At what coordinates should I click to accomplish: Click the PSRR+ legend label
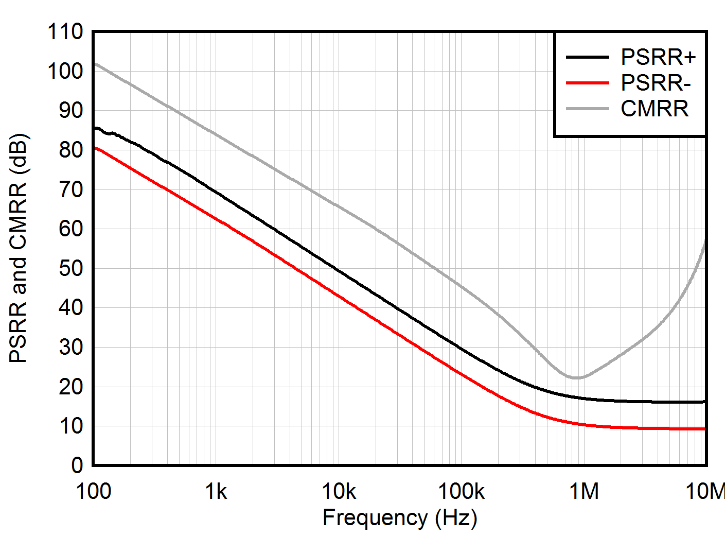click(x=658, y=57)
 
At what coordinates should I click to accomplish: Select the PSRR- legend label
click(x=656, y=83)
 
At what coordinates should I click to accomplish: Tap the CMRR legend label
click(x=655, y=109)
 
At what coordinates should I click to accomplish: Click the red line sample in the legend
click(x=587, y=83)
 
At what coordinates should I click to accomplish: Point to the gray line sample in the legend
click(x=587, y=109)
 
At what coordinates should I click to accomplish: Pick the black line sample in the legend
click(x=587, y=57)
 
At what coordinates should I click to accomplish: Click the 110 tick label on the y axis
click(x=65, y=32)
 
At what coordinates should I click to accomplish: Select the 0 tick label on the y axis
click(x=77, y=465)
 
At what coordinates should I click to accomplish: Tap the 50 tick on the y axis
click(x=71, y=268)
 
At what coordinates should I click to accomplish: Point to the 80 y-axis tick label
click(x=71, y=150)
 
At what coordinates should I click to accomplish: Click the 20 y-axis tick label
click(x=71, y=387)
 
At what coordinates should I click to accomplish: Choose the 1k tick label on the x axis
click(x=216, y=492)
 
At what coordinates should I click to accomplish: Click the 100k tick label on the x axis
click(x=461, y=492)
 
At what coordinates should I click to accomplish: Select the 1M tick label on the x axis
click(x=584, y=492)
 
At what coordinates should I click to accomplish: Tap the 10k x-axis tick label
click(x=339, y=492)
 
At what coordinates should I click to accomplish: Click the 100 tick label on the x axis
click(x=94, y=492)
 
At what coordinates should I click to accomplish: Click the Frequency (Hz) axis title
click(x=400, y=518)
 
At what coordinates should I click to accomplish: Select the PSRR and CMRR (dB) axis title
click(x=19, y=248)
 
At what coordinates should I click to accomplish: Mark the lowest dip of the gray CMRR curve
click(x=576, y=378)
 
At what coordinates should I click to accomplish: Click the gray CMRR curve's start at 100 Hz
click(x=95, y=64)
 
